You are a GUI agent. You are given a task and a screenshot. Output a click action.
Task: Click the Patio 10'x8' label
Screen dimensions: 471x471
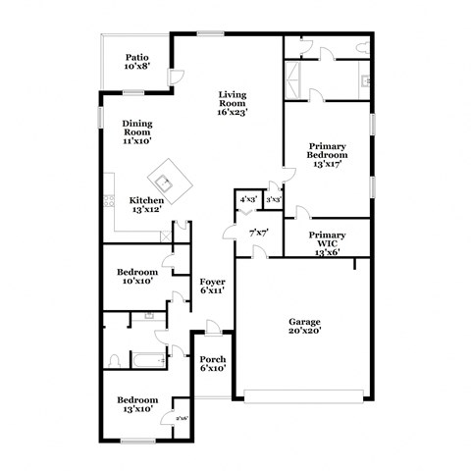pyautogui.click(x=136, y=63)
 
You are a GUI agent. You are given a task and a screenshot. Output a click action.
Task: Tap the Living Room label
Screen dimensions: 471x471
pyautogui.click(x=232, y=103)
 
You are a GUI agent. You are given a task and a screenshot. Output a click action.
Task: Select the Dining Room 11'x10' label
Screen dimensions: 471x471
pyautogui.click(x=136, y=131)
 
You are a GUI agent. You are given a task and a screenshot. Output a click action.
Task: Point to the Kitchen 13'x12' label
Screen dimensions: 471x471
pyautogui.click(x=146, y=205)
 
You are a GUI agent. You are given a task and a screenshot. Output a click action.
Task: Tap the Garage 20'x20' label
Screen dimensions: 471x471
pyautogui.click(x=304, y=327)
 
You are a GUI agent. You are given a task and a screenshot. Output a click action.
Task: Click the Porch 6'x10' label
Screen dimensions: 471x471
pyautogui.click(x=213, y=363)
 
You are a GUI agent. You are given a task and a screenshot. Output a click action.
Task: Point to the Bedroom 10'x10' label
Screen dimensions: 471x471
pyautogui.click(x=138, y=277)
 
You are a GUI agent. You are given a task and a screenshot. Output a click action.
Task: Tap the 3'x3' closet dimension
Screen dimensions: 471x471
pyautogui.click(x=273, y=199)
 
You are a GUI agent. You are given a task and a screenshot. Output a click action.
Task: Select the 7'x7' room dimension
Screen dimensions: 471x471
pyautogui.click(x=258, y=233)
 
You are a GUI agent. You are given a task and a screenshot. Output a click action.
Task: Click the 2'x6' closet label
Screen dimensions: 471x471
pyautogui.click(x=182, y=419)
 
